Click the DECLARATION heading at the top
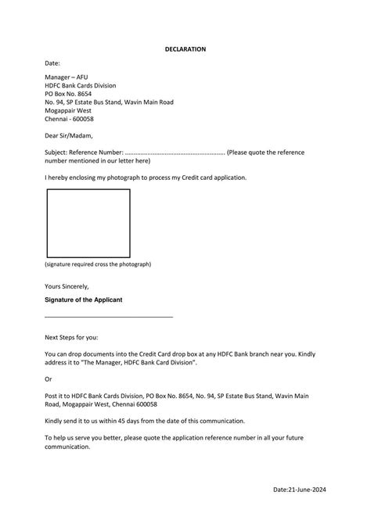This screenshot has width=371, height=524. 185,48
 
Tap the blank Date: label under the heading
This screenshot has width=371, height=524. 52,63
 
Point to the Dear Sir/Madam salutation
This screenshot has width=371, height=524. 69,135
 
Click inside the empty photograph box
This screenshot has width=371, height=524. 88,223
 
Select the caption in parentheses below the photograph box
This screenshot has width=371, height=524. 98,264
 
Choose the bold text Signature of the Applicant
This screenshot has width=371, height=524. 83,300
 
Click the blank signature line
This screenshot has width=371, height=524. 109,316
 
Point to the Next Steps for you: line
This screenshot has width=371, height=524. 71,337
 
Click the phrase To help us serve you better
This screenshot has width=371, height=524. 85,439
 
